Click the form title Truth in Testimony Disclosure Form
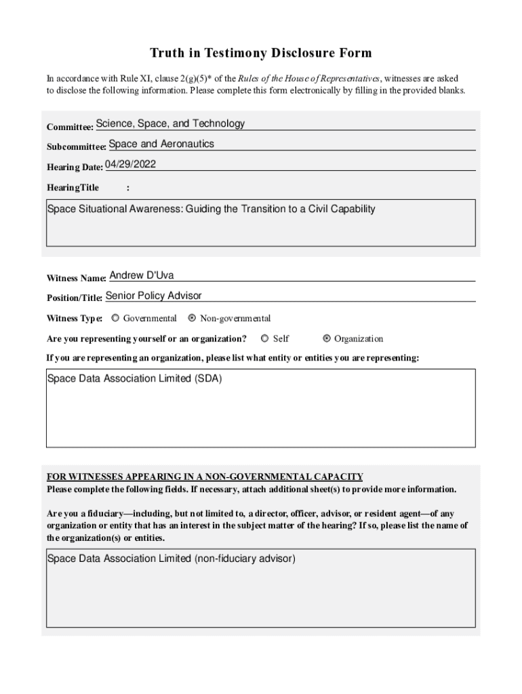tap(260, 53)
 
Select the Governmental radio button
tap(115, 318)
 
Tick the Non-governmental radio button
tap(192, 318)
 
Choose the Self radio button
tap(265, 339)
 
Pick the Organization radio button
tap(327, 339)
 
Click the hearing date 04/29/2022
tap(131, 164)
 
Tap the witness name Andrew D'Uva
tap(142, 275)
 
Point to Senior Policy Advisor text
tap(154, 295)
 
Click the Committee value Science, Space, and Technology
tap(170, 123)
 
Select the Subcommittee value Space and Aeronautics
tap(161, 144)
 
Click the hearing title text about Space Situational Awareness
tap(211, 209)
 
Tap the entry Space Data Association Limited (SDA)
tap(134, 378)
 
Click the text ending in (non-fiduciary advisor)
tap(171, 558)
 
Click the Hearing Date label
tap(75, 167)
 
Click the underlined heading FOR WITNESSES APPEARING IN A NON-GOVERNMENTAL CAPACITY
tap(205, 476)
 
